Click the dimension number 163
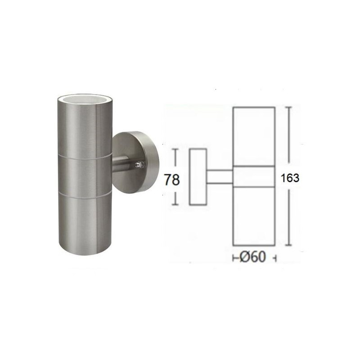290,178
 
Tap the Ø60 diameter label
253,256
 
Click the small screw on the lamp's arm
139,165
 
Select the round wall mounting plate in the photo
136,162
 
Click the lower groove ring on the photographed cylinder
85,195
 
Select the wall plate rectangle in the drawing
198,177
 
